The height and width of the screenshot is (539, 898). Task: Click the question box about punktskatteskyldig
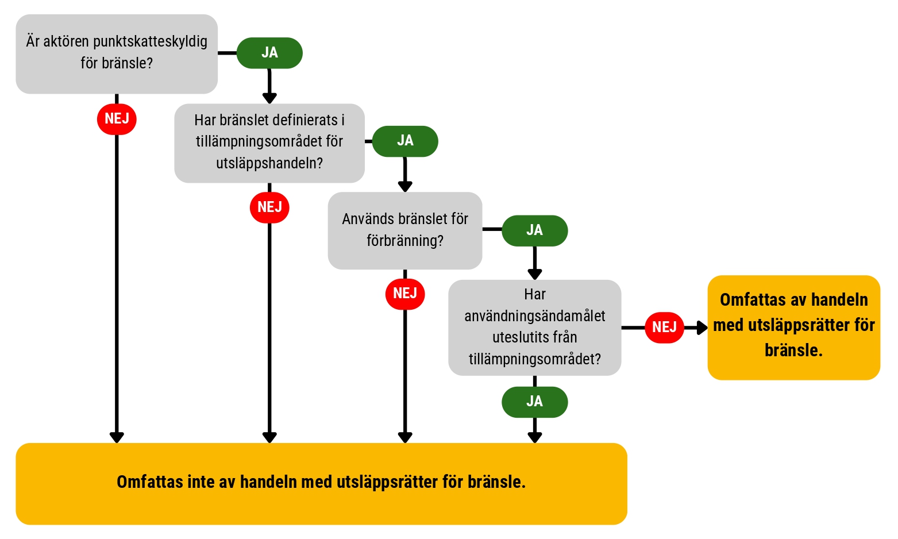[117, 54]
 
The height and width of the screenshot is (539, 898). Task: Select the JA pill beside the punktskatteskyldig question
[269, 53]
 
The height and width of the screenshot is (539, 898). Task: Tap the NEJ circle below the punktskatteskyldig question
[117, 119]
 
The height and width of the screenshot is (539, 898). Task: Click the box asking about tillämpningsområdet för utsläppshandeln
[269, 143]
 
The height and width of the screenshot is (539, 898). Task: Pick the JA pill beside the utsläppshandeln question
[405, 141]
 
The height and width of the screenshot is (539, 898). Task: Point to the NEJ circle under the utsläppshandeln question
[269, 207]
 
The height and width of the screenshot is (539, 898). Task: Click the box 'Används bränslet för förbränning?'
[405, 230]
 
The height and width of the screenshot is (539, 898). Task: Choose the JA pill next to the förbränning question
[535, 230]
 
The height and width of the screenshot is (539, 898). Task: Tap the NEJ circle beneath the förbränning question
[405, 294]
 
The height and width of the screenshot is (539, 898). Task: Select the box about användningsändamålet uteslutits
[535, 328]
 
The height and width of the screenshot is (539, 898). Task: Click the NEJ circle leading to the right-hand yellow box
[664, 328]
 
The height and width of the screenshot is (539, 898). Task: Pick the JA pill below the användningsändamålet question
[535, 402]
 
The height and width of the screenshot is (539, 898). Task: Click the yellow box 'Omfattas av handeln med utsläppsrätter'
[794, 328]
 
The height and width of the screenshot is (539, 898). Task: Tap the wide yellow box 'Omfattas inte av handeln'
[322, 484]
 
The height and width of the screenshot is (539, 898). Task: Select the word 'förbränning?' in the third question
[405, 241]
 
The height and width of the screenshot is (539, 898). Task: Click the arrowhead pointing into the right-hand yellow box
[702, 328]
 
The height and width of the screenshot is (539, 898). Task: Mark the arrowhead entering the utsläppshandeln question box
[269, 98]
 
